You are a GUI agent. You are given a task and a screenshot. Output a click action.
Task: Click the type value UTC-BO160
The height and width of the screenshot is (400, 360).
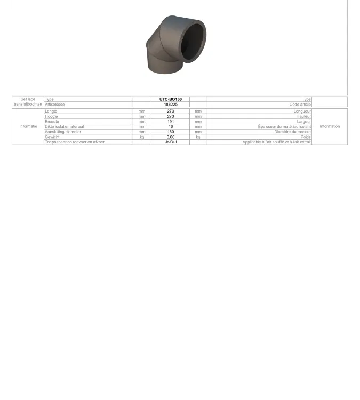coord(171,99)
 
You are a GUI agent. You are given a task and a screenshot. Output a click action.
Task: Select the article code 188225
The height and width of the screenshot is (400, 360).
coord(171,105)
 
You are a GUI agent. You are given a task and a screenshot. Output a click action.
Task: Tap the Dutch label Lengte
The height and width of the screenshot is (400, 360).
coord(51,111)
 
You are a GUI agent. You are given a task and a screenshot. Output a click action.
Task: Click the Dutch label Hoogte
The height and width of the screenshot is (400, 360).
coord(51,116)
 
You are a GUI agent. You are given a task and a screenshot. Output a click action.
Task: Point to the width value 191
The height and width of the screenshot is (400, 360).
coord(171,122)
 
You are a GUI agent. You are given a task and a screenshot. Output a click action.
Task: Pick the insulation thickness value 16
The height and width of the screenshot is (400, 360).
coord(171,126)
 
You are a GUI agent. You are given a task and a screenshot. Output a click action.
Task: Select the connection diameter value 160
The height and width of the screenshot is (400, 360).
coord(171,132)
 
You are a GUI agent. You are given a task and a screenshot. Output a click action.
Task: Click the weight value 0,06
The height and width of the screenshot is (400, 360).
coord(171,137)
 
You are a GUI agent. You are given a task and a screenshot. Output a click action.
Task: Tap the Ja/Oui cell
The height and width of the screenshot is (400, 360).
coord(171,142)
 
